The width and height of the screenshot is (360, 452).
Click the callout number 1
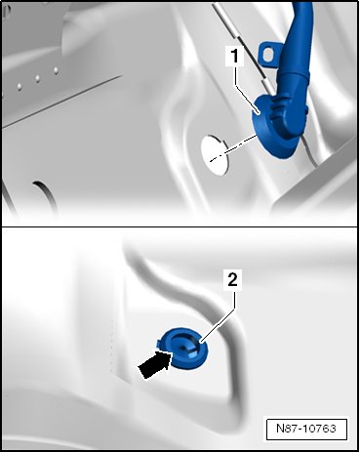234,56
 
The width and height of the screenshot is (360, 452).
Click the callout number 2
232,279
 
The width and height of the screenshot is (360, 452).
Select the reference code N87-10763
306,429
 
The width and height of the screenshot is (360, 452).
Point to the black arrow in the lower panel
154,365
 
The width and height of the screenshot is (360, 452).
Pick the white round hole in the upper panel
215,155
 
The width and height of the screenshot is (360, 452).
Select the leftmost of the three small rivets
20,86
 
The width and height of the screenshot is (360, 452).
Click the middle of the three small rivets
37,78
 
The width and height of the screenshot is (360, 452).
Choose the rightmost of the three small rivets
56,69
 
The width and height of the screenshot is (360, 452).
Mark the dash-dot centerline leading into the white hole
233,147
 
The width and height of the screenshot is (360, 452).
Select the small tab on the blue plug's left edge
159,343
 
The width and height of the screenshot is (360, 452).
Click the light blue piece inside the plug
192,352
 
